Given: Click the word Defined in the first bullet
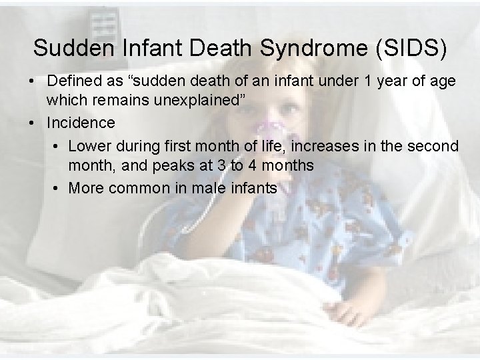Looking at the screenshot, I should (74, 81).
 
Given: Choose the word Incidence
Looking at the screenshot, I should (81, 123).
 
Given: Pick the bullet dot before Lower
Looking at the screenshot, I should (54, 146).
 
